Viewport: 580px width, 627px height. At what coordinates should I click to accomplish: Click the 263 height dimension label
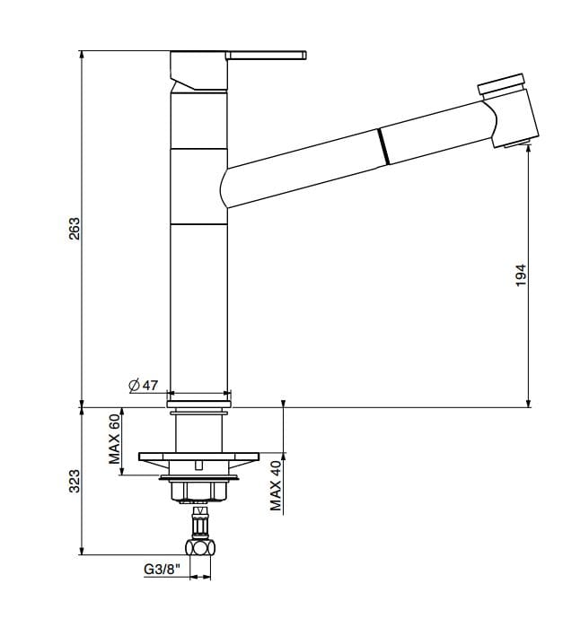pyautogui.click(x=75, y=228)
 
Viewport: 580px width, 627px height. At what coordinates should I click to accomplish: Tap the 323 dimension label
pyautogui.click(x=75, y=480)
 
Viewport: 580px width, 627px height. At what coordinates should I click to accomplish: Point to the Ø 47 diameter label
pyautogui.click(x=144, y=385)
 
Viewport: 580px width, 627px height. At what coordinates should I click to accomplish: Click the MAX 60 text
pyautogui.click(x=115, y=439)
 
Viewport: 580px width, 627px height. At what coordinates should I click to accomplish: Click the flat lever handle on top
pyautogui.click(x=268, y=56)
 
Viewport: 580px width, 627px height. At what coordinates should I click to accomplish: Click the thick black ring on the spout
pyautogui.click(x=382, y=145)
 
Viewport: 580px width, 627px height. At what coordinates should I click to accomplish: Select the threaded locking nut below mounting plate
pyautogui.click(x=198, y=489)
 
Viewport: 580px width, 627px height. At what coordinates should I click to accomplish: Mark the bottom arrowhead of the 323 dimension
pyautogui.click(x=83, y=552)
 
